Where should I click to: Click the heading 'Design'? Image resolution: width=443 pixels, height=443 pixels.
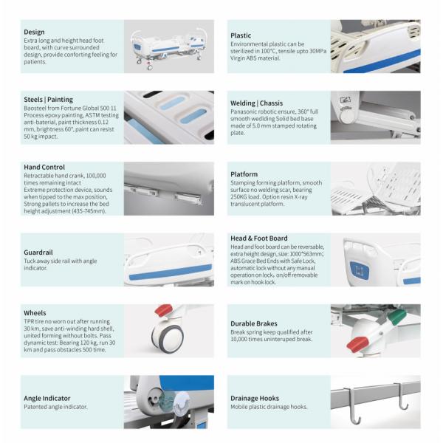tap(34, 32)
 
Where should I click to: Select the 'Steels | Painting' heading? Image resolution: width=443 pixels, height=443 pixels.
tap(48, 100)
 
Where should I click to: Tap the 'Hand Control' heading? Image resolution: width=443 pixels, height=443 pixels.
tap(44, 167)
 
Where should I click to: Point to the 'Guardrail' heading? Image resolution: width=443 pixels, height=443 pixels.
tap(38, 253)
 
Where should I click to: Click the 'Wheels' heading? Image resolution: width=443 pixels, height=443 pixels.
tap(35, 313)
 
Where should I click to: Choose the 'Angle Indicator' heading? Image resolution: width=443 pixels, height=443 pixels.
tap(47, 399)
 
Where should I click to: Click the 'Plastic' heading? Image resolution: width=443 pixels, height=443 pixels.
tap(241, 35)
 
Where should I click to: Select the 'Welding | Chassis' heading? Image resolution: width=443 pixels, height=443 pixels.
tap(256, 103)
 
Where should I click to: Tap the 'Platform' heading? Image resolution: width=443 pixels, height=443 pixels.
tap(244, 174)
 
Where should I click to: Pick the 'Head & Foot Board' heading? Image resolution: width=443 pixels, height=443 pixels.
tap(259, 238)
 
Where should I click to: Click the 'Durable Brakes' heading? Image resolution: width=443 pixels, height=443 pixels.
tap(254, 323)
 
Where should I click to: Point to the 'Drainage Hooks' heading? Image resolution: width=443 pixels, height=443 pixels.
tap(255, 399)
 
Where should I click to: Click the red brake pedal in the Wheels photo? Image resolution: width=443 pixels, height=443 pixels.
tap(163, 309)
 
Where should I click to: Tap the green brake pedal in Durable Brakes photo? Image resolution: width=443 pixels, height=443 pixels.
tap(396, 316)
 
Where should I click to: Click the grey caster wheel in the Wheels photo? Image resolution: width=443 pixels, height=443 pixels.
tap(168, 338)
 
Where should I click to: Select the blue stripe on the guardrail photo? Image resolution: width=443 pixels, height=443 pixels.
tap(171, 272)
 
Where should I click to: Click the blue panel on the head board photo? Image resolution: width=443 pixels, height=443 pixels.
tap(360, 270)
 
